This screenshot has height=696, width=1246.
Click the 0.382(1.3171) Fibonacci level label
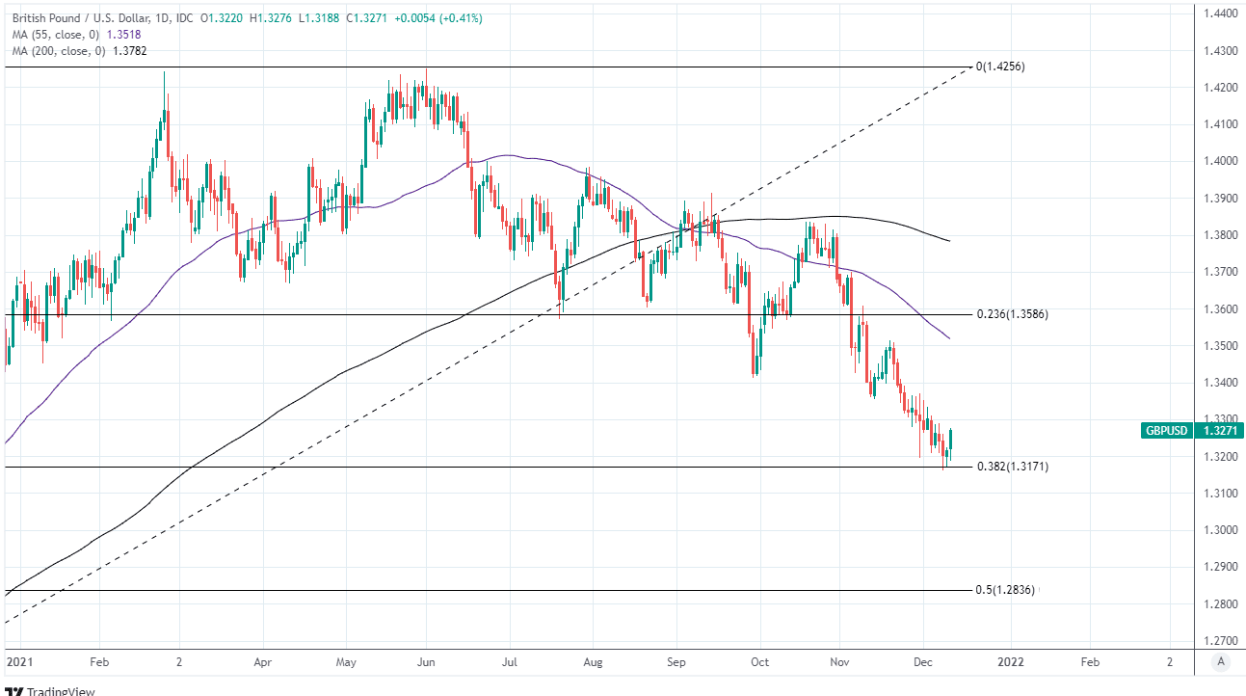pos(1013,467)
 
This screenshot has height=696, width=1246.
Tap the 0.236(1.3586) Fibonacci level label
pos(1012,314)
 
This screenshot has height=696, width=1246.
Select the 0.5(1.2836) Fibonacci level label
pos(1005,590)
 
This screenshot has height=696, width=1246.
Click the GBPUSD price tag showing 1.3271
pos(1191,431)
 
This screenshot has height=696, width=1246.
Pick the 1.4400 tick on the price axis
pos(1219,13)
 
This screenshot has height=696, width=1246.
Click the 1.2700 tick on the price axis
pos(1219,640)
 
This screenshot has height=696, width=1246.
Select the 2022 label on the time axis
pos(1011,663)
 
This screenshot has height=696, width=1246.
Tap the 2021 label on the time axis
pos(17,663)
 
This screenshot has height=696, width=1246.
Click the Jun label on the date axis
pos(428,663)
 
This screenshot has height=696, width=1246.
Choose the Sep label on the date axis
pos(676,663)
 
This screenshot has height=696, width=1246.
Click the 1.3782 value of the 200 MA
pos(132,50)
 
